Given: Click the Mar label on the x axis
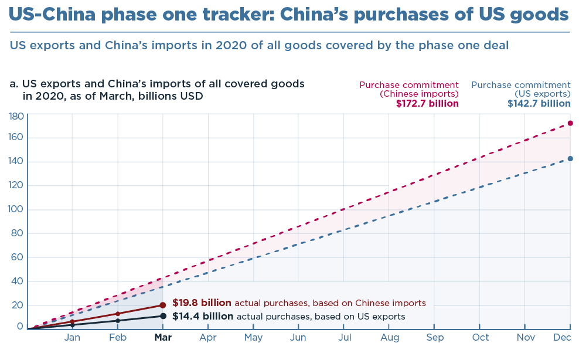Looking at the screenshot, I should (x=163, y=338).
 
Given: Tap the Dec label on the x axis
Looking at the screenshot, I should (x=563, y=338).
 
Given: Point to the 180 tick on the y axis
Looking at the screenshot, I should (x=16, y=116).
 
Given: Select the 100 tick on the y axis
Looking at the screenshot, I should (x=16, y=209).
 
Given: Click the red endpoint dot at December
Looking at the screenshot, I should (x=570, y=123).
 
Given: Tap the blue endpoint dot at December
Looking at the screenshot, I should (x=570, y=158).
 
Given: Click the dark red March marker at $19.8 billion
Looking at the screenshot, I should (x=162, y=305).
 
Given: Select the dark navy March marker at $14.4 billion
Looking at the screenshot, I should (x=163, y=316).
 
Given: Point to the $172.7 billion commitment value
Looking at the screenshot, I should (x=427, y=104).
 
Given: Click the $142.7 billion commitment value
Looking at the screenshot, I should (x=539, y=104).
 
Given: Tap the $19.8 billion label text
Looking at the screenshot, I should (x=202, y=303).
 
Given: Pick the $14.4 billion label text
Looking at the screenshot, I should (x=202, y=317).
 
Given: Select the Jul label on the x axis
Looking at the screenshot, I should (x=345, y=338).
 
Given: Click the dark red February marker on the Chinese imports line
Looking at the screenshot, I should (x=118, y=314).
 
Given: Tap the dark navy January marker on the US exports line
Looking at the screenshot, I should (x=72, y=324).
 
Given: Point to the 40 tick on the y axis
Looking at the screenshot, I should (x=18, y=281).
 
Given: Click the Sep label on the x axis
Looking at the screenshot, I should (x=435, y=338).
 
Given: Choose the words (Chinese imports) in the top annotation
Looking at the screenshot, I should (x=419, y=94).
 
